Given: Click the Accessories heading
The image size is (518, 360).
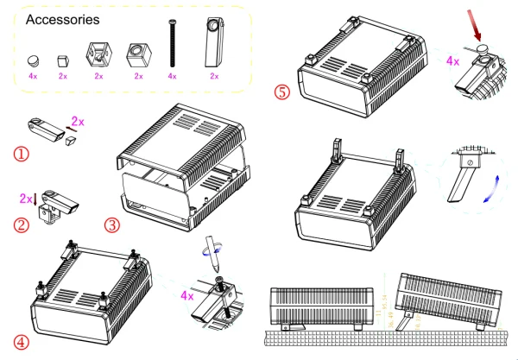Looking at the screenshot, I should (x=62, y=18).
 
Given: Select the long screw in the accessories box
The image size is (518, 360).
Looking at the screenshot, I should (x=172, y=44).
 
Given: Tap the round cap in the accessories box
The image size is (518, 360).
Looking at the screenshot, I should (x=33, y=60).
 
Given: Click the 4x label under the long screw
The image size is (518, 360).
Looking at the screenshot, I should (x=172, y=77).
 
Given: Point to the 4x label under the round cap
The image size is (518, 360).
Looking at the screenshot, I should (x=33, y=77).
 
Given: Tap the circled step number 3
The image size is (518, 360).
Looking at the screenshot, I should (x=111, y=226).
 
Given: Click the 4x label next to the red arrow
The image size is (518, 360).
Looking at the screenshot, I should (x=452, y=61).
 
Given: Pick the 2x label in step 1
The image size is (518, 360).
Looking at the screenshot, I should (x=77, y=123).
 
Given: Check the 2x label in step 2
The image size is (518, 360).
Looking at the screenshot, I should (x=24, y=199).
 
